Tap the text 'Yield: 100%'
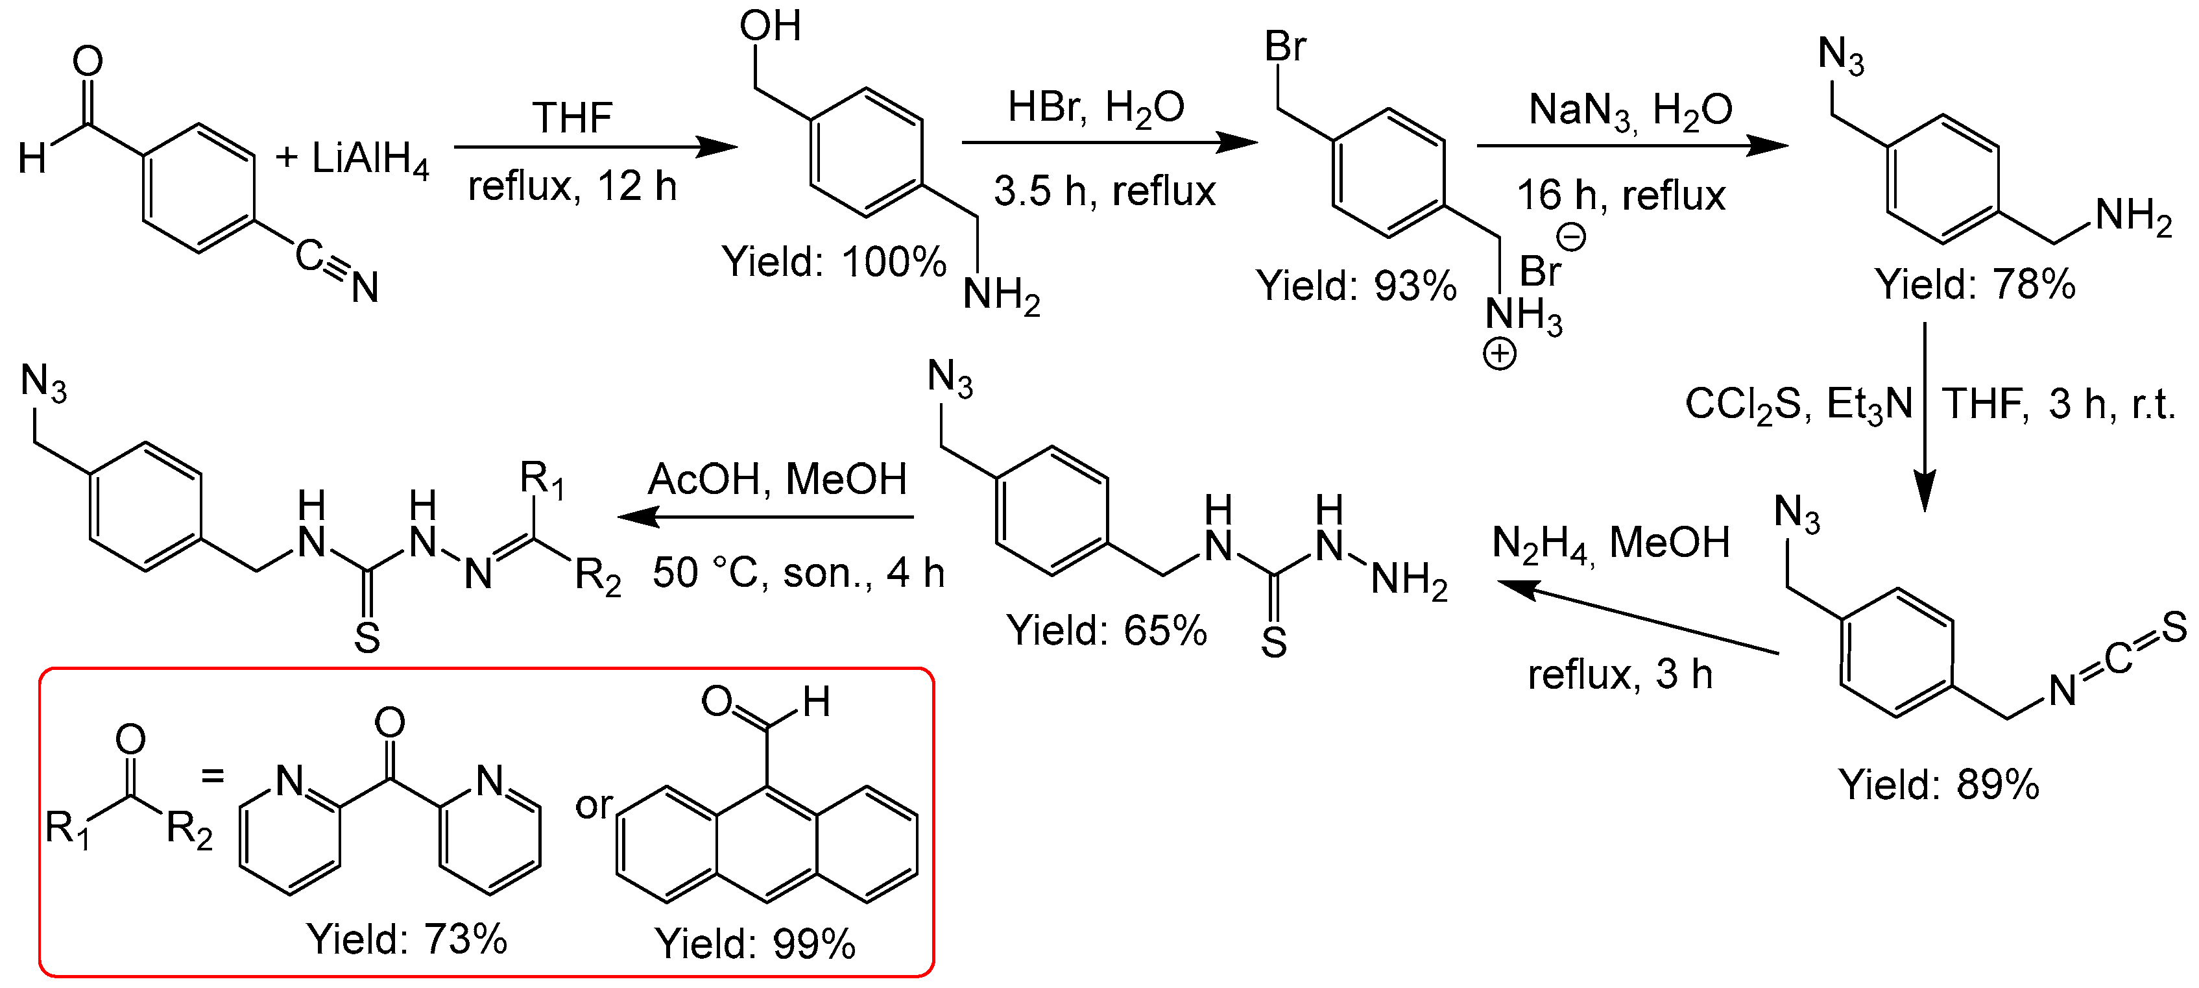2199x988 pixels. [834, 262]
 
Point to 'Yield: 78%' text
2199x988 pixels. [1975, 284]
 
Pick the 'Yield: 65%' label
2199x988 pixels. [1107, 630]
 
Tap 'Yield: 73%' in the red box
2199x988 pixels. [407, 939]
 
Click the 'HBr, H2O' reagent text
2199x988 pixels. [1096, 109]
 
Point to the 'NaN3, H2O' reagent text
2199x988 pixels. [1629, 112]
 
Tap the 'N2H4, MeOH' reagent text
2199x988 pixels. [1611, 543]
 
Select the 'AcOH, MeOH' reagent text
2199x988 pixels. [777, 479]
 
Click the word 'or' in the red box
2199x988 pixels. [594, 805]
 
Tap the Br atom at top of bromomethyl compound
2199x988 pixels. [1285, 46]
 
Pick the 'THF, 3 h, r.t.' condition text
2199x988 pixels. [2058, 404]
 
